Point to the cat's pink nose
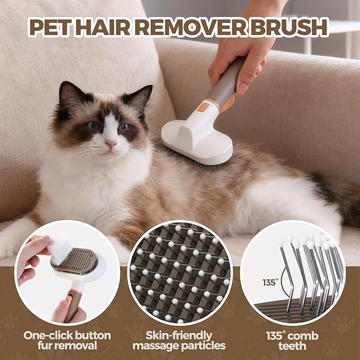[x=111, y=144]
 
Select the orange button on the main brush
[x=202, y=107]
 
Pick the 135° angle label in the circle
[x=269, y=282]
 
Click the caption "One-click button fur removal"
[x=67, y=340]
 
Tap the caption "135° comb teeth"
[x=292, y=340]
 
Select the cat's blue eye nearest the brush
[x=125, y=127]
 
